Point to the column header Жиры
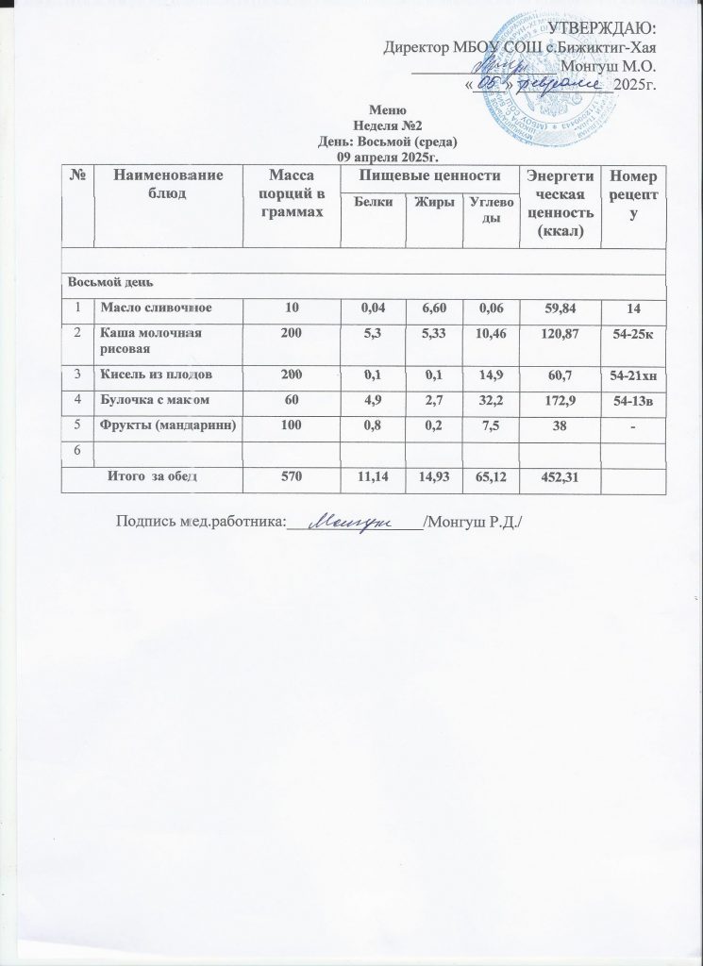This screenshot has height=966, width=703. click(430, 203)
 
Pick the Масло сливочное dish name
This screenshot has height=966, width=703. click(157, 308)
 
